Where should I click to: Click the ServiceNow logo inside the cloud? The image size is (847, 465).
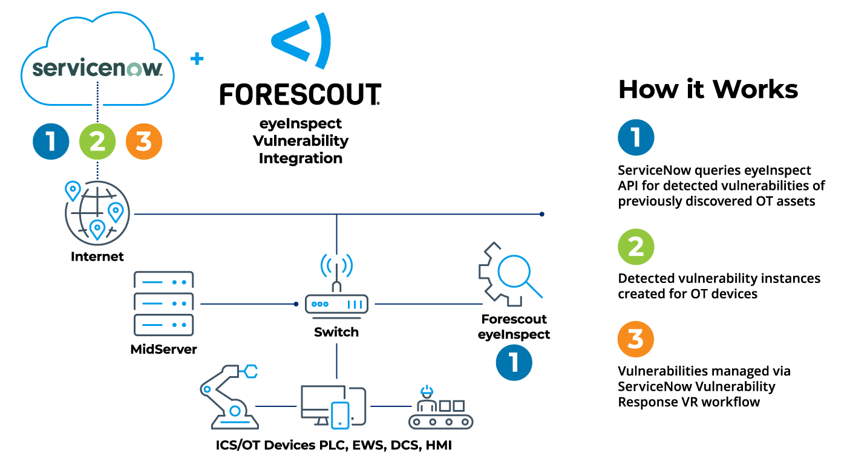click(97, 67)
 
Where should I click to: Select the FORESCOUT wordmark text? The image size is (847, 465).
click(300, 95)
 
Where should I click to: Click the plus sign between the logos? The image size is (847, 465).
click(197, 59)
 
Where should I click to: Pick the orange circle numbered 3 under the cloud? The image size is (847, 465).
click(144, 141)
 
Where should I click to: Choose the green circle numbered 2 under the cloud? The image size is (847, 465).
click(97, 141)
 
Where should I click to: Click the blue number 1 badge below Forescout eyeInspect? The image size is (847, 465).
click(514, 362)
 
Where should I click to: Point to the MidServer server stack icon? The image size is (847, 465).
click(163, 304)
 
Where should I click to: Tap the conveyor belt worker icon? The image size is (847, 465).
click(440, 406)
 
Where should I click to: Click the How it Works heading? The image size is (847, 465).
click(708, 89)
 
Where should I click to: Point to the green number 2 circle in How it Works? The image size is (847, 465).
click(635, 247)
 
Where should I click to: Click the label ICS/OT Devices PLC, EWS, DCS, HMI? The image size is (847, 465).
click(334, 446)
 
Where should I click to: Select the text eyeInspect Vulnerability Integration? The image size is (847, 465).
click(301, 141)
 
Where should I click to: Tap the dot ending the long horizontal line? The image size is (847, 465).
click(542, 214)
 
